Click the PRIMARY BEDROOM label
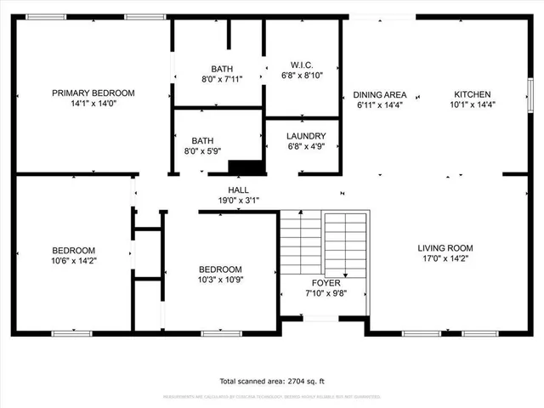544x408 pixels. (x=93, y=93)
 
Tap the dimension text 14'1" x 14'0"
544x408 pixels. (x=93, y=105)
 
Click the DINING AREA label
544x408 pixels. (x=379, y=94)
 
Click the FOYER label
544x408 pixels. (x=326, y=283)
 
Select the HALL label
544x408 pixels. (x=238, y=190)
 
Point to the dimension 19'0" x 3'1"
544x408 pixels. (x=238, y=201)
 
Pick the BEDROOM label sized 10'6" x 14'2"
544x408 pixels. (x=73, y=250)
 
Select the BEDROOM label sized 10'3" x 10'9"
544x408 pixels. (x=220, y=269)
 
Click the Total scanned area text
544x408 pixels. (x=272, y=381)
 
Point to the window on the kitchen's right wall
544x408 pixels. (x=529, y=89)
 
